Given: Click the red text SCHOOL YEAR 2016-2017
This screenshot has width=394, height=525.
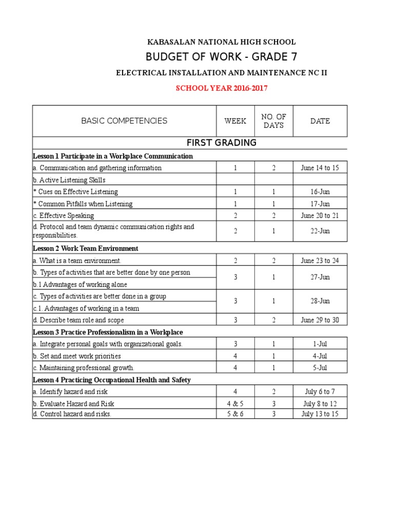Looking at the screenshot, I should (x=222, y=88).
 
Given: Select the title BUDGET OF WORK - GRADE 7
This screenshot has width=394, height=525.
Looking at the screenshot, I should (x=222, y=56).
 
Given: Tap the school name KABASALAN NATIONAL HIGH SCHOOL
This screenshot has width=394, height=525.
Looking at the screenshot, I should (x=222, y=42).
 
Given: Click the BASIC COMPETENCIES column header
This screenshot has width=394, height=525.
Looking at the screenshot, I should (x=124, y=121).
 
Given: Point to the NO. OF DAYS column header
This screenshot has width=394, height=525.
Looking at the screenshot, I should (x=273, y=121).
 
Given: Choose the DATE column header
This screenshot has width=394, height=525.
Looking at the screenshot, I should (x=320, y=121).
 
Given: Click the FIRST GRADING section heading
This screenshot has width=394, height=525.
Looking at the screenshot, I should (x=222, y=143).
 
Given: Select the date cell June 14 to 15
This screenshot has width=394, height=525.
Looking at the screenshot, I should (x=320, y=168).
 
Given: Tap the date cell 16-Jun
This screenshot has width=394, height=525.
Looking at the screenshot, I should (x=320, y=192).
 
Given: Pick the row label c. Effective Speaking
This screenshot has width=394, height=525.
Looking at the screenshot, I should (x=64, y=216).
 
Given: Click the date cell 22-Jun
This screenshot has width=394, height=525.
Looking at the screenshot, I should (x=320, y=231).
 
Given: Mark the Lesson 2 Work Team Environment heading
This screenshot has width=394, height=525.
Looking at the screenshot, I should (x=85, y=248).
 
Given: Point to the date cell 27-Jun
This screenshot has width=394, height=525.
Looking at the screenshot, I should (x=320, y=277).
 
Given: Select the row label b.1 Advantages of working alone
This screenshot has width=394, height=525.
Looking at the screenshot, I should (x=80, y=285).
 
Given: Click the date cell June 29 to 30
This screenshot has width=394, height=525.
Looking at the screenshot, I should (x=320, y=320).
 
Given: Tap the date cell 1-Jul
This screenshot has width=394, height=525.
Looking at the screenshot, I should (x=320, y=344).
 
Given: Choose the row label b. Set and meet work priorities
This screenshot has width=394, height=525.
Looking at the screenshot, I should (x=77, y=356).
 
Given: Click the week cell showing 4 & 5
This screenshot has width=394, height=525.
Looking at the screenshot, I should (x=235, y=403).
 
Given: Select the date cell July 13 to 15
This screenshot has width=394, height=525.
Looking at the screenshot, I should (x=320, y=414).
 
